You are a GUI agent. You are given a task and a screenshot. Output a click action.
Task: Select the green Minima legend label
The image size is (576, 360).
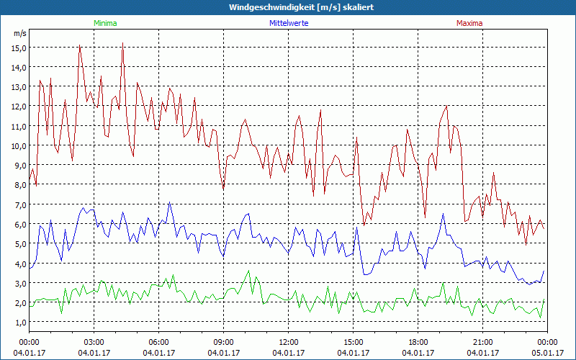pyautogui.click(x=104, y=23)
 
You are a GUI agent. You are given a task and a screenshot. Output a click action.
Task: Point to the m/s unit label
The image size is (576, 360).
pyautogui.click(x=19, y=33)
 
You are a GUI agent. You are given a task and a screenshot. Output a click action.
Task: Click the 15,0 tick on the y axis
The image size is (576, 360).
pyautogui.click(x=18, y=48)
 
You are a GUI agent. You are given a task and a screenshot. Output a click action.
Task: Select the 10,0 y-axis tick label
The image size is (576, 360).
pyautogui.click(x=18, y=145)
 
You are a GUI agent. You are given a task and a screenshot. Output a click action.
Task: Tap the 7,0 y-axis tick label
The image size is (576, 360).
pyautogui.click(x=19, y=204)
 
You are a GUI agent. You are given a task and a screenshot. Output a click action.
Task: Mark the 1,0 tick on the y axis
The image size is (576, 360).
pyautogui.click(x=19, y=322)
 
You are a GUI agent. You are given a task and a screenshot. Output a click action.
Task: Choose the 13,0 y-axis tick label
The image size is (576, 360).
pyautogui.click(x=18, y=86)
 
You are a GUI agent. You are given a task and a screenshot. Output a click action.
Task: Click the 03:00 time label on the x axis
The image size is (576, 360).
pyautogui.click(x=94, y=342)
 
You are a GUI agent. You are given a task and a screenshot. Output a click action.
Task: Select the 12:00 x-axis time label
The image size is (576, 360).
pyautogui.click(x=289, y=342)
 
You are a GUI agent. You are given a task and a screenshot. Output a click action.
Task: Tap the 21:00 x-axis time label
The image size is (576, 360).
pyautogui.click(x=483, y=342)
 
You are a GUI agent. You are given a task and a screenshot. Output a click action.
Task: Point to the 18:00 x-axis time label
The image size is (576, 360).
pyautogui.click(x=418, y=342)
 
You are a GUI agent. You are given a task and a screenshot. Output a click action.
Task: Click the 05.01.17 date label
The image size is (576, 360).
pyautogui.click(x=547, y=353)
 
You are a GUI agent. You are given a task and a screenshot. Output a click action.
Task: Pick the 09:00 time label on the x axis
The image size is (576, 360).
pyautogui.click(x=224, y=342)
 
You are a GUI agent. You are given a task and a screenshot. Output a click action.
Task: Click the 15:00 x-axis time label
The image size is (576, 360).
pyautogui.click(x=354, y=342)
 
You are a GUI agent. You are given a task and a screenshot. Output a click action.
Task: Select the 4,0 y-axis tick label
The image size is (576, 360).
pyautogui.click(x=19, y=264)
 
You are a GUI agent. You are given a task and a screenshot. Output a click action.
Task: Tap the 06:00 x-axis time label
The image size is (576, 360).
pyautogui.click(x=159, y=342)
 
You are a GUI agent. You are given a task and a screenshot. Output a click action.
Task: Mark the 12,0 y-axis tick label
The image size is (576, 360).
pyautogui.click(x=18, y=107)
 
